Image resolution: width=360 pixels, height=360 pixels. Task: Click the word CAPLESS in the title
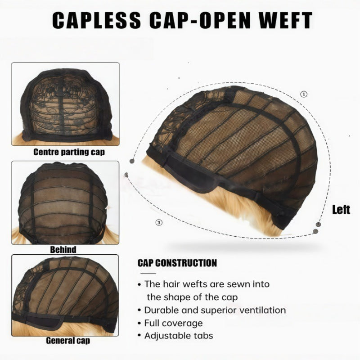pyautogui.click(x=97, y=20)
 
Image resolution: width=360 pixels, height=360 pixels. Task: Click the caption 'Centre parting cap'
pyautogui.click(x=69, y=152)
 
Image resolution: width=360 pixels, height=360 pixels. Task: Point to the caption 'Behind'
pyautogui.click(x=63, y=250)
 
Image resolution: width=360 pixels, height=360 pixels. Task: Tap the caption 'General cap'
pyautogui.click(x=68, y=341)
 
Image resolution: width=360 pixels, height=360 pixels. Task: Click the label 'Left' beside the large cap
pyautogui.click(x=341, y=210)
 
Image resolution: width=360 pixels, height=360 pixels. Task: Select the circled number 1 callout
pyautogui.click(x=304, y=94)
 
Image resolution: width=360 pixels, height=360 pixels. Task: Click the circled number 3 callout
pyautogui.click(x=159, y=222)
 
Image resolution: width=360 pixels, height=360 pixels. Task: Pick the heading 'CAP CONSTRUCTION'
pyautogui.click(x=177, y=263)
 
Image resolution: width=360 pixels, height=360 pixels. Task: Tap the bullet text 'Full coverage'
pyautogui.click(x=173, y=323)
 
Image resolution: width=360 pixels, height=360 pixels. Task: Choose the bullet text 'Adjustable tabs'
pyautogui.click(x=179, y=336)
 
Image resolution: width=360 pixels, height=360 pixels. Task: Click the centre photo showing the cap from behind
pyautogui.click(x=65, y=203)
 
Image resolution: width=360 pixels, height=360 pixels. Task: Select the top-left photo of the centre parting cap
pyautogui.click(x=65, y=104)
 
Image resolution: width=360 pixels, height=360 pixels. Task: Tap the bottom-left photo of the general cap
pyautogui.click(x=65, y=295)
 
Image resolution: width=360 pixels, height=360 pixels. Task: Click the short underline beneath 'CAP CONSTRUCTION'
pyautogui.click(x=148, y=274)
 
